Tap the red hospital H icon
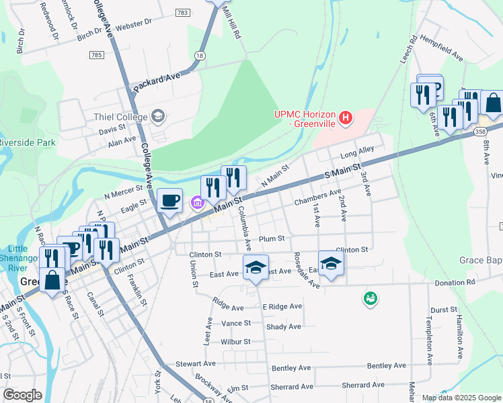tap(346, 119)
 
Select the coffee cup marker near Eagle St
tap(169, 199)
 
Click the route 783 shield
tap(182, 13)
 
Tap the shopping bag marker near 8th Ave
tap(492, 103)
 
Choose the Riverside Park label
tap(28, 142)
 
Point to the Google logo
tap(22, 395)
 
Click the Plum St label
tap(272, 238)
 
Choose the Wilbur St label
tap(235, 341)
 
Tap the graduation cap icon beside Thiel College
tap(157, 116)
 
